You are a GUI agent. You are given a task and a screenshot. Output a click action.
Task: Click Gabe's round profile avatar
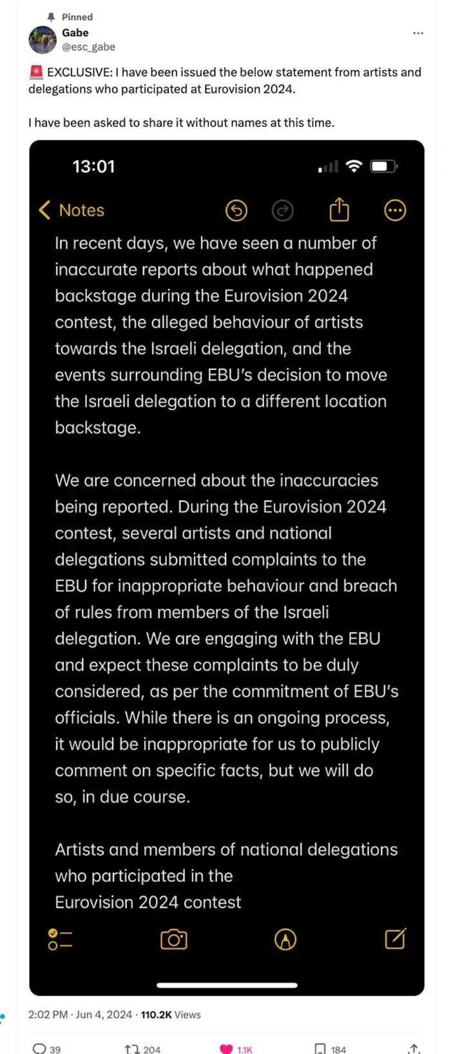[x=43, y=40]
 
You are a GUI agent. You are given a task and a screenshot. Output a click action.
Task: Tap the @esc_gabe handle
[x=88, y=46]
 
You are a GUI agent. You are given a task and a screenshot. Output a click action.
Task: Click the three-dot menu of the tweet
[x=418, y=33]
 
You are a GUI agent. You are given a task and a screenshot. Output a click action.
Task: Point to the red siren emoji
[x=36, y=72]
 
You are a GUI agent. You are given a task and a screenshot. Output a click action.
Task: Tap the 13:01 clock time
[x=93, y=167]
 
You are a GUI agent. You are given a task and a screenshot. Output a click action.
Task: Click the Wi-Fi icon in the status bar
[x=354, y=166]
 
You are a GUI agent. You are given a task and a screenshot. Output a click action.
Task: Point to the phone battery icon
[x=383, y=166]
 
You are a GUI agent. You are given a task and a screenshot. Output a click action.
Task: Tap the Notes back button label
[x=81, y=210]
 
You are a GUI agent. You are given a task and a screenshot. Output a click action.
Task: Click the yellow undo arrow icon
[x=236, y=210]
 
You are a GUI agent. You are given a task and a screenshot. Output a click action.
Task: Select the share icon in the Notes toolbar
[x=339, y=210]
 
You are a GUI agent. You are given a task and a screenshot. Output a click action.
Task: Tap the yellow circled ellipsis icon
[x=395, y=210]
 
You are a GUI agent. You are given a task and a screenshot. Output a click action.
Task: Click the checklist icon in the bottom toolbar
[x=60, y=939]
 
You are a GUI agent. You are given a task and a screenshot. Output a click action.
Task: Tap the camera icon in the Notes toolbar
[x=173, y=939]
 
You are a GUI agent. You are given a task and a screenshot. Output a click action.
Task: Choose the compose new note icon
[x=395, y=939]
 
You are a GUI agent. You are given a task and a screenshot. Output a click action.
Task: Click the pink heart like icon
[x=226, y=1049]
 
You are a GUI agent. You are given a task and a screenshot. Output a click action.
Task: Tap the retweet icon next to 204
[x=132, y=1049]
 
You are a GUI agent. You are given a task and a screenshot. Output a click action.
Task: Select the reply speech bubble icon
[x=39, y=1049]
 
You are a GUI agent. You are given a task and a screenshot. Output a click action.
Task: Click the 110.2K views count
[x=156, y=1015]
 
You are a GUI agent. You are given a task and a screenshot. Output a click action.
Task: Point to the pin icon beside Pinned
[x=52, y=17]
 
